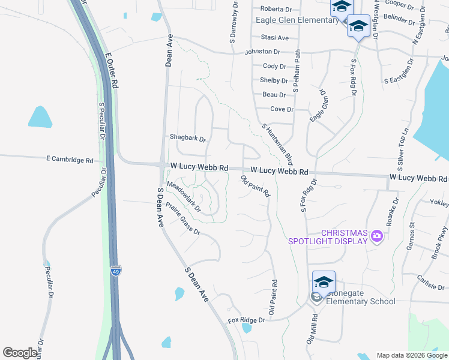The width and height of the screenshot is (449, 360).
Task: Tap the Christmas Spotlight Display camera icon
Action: pos(376,235)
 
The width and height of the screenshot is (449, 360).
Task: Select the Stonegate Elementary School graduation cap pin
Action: pos(324,283)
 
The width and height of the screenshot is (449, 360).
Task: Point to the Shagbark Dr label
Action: pos(188,138)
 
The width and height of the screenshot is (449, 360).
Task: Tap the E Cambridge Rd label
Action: pos(70,160)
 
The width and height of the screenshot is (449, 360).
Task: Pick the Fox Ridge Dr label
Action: pos(246,320)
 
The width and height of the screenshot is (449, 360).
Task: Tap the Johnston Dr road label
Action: pos(262,52)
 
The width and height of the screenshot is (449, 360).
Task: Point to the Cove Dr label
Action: pos(282,109)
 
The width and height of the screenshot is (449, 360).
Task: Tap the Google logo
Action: pos(20,353)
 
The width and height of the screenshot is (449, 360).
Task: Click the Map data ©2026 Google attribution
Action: pos(411,355)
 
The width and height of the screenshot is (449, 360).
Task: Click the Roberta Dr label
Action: pos(276,9)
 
